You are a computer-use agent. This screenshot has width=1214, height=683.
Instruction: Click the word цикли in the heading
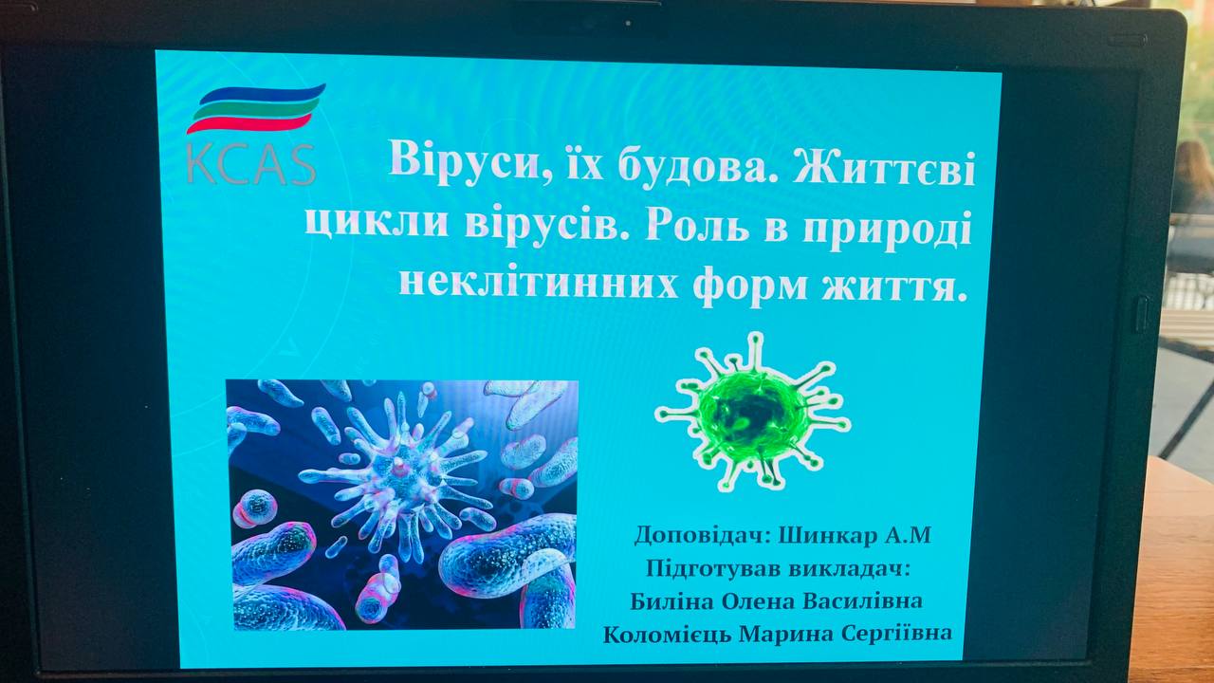coord(377,223)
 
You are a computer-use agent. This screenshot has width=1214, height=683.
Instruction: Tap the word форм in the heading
coord(750,286)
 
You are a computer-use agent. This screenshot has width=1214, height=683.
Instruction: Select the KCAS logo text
coord(251,165)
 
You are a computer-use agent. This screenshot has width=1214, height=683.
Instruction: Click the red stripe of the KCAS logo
coord(249,124)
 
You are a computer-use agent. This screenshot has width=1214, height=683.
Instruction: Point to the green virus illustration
coord(752,413)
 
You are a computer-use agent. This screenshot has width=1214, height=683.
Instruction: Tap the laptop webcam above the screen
coord(628,24)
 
